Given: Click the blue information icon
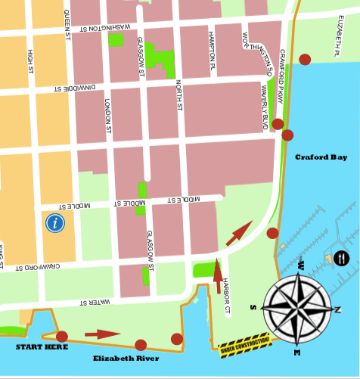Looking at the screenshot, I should (x=54, y=222).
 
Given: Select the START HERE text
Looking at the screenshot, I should (x=42, y=346).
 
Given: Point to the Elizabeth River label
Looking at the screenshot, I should (x=126, y=358).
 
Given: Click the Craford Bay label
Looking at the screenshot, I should (x=321, y=157).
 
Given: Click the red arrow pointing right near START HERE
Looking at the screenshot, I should (x=101, y=334).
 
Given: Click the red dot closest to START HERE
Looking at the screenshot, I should (x=62, y=336).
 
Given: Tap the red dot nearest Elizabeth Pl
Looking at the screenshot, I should (x=305, y=59).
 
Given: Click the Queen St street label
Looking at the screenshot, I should (x=67, y=27).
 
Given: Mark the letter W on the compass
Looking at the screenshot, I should (x=301, y=267).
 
